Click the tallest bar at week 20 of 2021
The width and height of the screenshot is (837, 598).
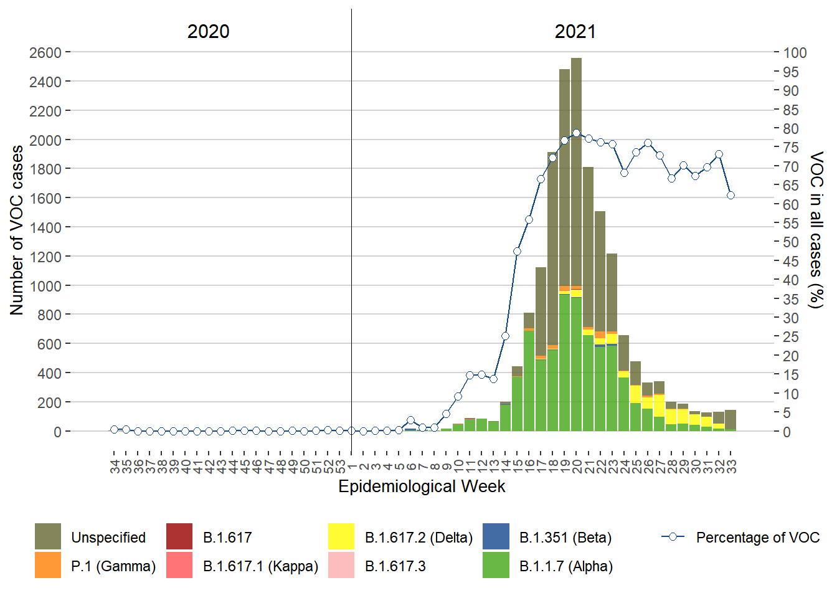tap(576, 249)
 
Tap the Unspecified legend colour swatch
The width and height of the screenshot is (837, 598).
tap(48, 537)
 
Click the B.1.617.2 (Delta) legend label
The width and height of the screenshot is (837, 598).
tap(418, 538)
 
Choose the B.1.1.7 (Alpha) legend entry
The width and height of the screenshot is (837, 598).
tap(565, 566)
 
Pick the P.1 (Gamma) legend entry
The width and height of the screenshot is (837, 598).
tap(113, 566)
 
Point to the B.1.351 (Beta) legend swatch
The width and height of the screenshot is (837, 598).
tap(496, 537)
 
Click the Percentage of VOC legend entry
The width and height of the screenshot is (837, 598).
tap(757, 538)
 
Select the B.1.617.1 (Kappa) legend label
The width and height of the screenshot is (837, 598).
tap(260, 566)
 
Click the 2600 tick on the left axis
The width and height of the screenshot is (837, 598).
tap(45, 53)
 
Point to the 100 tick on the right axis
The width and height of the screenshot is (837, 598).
tap(795, 53)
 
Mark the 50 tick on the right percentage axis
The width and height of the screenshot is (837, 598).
tap(790, 242)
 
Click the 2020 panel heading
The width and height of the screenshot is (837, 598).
tap(208, 32)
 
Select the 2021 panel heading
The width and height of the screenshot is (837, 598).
tap(575, 32)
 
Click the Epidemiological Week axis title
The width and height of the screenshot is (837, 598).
tap(422, 486)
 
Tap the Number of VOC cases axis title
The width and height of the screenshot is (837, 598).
tap(17, 230)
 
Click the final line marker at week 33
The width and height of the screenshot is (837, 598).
tap(731, 196)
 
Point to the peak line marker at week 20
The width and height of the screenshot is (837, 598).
tap(576, 133)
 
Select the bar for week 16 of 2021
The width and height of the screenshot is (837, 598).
tap(529, 374)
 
